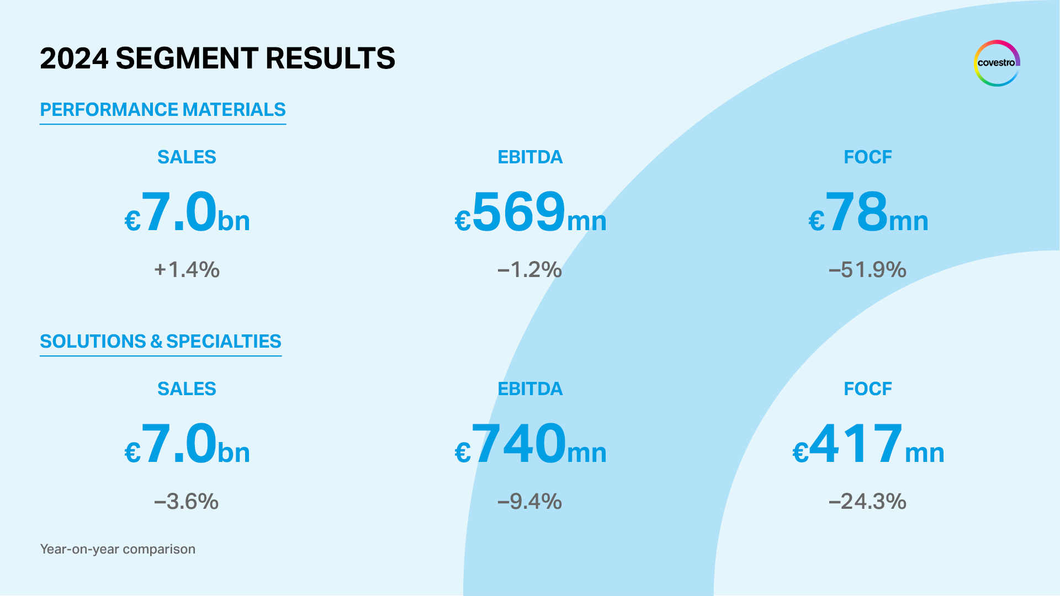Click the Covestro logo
tap(997, 63)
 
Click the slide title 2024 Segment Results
tap(218, 58)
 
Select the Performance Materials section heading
tap(163, 110)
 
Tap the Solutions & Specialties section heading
tap(161, 342)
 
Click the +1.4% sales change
tap(187, 270)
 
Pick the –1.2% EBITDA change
tap(529, 270)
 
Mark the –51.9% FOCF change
tap(867, 270)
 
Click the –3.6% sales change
tap(187, 502)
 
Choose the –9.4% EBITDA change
tap(529, 502)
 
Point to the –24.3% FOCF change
tap(867, 502)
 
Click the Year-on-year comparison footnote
tap(118, 549)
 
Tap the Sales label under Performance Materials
tap(187, 157)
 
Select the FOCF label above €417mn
tap(867, 389)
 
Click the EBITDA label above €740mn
tap(530, 389)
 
